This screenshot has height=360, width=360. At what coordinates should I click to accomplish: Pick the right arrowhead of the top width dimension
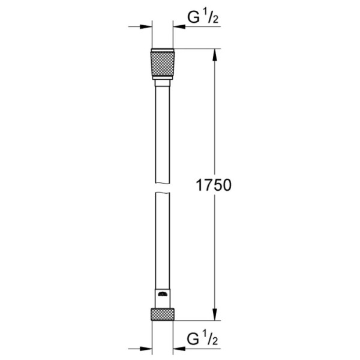178,26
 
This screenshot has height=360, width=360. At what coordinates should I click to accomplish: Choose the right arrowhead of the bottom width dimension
178,346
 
